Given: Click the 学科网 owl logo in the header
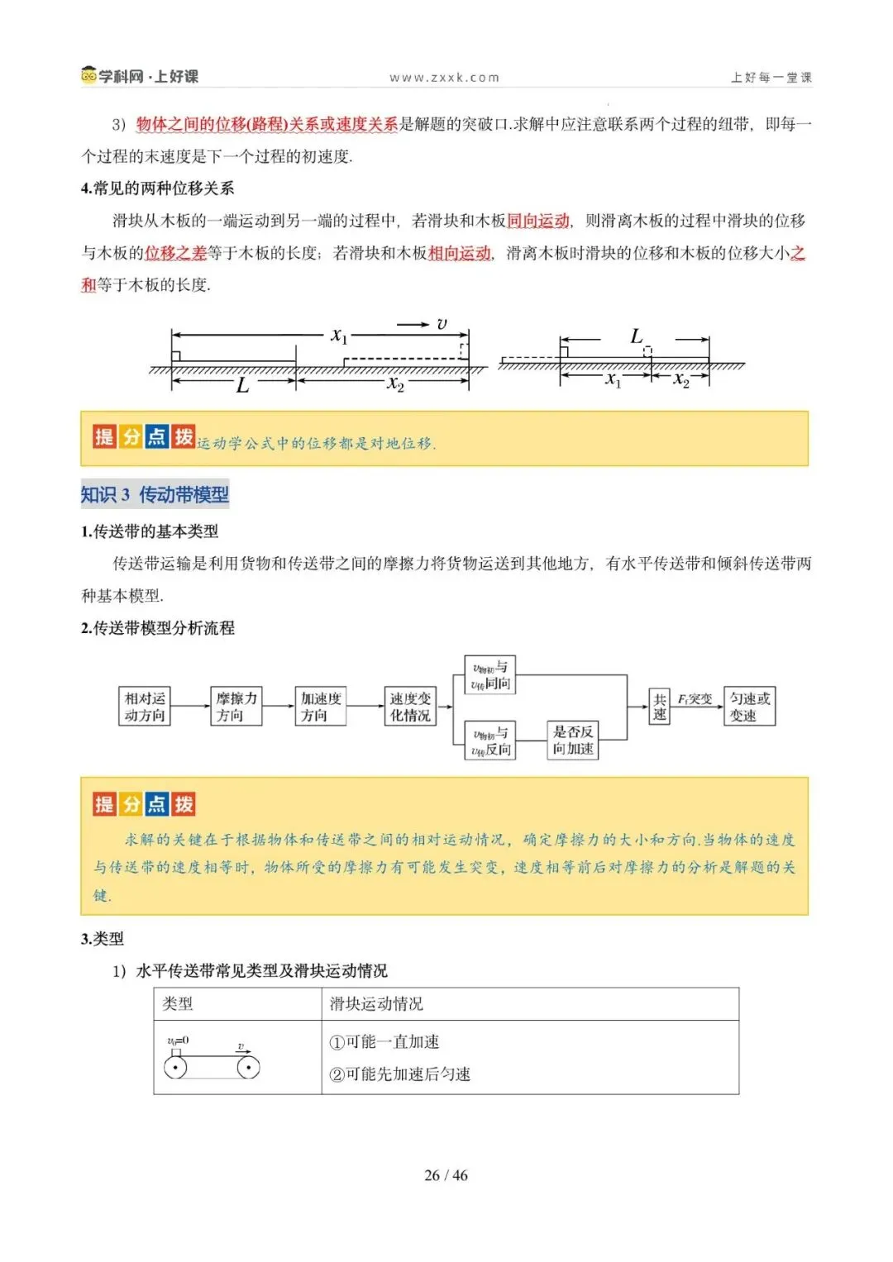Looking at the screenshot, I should pos(88,75).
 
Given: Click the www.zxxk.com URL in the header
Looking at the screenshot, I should pos(445,78).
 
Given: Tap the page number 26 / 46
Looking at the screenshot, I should pos(446,1174).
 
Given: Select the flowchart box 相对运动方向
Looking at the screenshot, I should pos(145,707).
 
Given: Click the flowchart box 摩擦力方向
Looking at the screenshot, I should pos(236,707).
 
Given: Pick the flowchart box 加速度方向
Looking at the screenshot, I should pos(321,707).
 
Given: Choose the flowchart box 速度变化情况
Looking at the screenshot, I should pos(410,707).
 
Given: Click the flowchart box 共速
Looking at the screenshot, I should pos(659,707).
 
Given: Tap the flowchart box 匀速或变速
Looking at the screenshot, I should pos(749,707).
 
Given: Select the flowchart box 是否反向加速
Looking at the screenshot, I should pos(572,740).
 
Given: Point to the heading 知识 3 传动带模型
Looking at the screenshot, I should pos(155,494).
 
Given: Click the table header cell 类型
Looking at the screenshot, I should pos(178,1003).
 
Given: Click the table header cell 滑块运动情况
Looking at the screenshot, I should pos(376,1003).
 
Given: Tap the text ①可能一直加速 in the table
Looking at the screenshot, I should pos(384,1041).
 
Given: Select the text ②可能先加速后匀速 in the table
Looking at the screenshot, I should pos(400,1074).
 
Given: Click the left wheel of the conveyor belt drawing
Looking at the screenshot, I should pos(175,1067).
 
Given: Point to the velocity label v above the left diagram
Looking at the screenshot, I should pos(442,324).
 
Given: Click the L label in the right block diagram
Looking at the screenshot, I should pos(636,336).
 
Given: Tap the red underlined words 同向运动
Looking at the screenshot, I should pos(538,221).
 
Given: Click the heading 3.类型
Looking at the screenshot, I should pos(103,938).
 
